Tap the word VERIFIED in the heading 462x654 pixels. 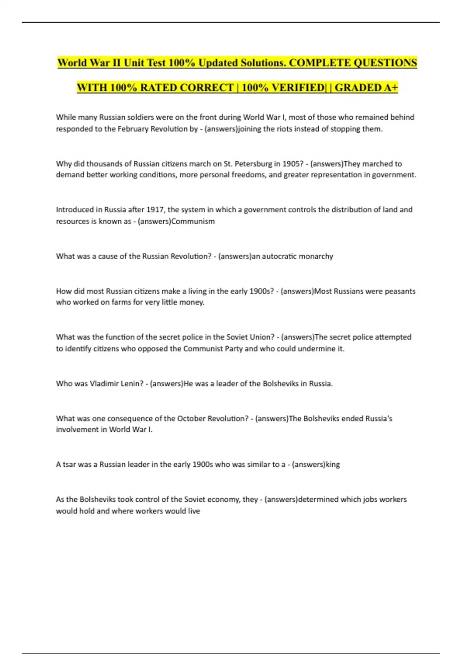(298, 88)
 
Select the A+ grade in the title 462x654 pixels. (390, 88)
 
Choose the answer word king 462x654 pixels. (333, 464)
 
